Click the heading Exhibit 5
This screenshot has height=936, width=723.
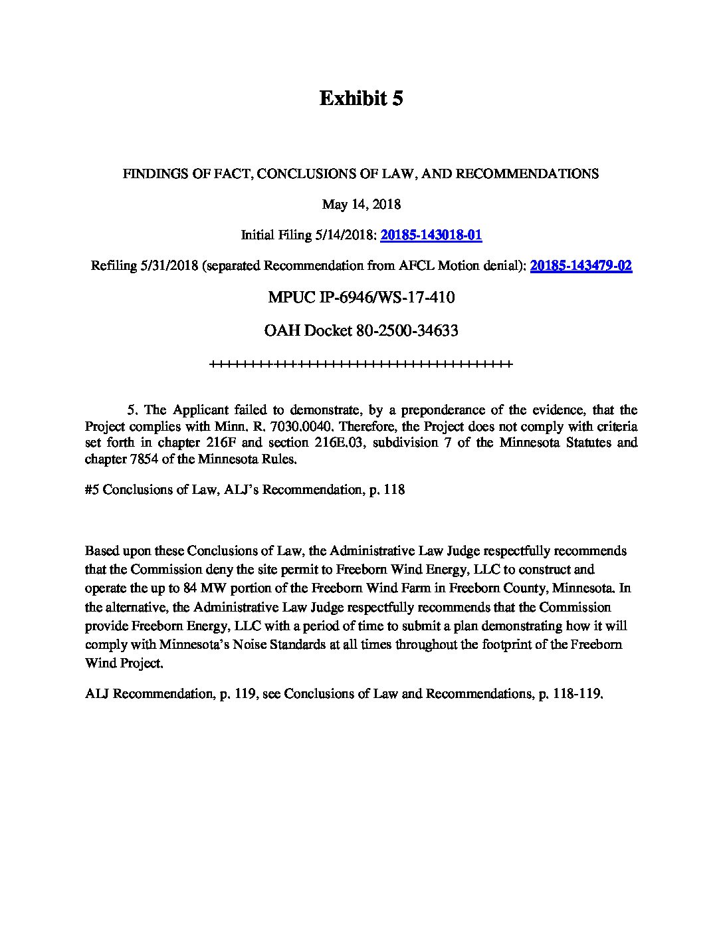tap(361, 98)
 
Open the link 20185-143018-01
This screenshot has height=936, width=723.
tap(431, 235)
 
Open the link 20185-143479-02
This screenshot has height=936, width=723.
tap(581, 265)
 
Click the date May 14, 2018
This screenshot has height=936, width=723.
tap(361, 204)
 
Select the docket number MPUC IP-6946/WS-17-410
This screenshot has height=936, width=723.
tap(361, 297)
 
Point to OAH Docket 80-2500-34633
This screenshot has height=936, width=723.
tap(361, 330)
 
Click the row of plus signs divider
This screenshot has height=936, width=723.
tap(361, 364)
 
